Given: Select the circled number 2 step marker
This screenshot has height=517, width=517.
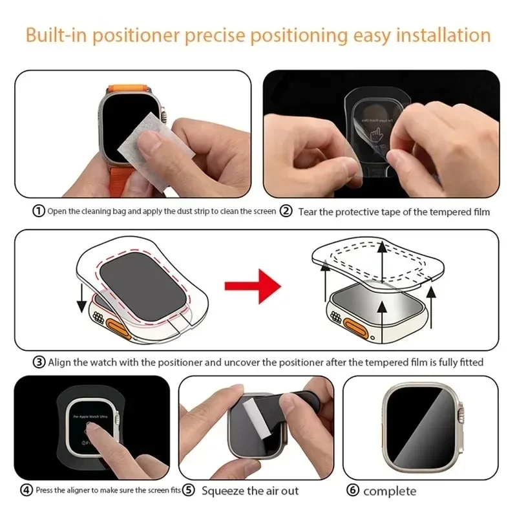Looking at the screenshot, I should tap(286, 211).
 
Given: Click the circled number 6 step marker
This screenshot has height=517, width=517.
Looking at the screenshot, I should tap(353, 491).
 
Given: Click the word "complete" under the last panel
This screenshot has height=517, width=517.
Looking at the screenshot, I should tap(390, 491).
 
